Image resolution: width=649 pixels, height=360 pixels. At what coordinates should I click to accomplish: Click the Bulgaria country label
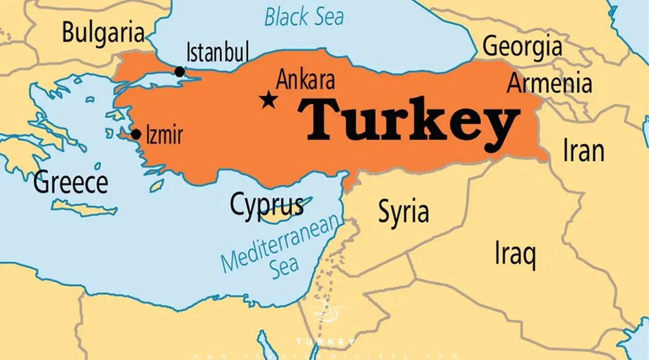pos(103,32)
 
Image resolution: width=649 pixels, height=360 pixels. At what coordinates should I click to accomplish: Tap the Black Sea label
pos(303,16)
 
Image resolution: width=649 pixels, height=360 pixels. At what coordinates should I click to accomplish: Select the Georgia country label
pos(522,46)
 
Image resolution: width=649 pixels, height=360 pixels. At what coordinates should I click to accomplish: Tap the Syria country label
pos(403,211)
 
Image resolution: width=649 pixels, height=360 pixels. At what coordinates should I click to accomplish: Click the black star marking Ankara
pos(267,100)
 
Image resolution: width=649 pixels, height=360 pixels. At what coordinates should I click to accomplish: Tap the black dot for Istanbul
pos(180,71)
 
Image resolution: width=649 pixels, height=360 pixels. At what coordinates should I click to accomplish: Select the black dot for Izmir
pos(136,134)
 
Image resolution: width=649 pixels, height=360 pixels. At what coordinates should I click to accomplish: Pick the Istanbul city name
pos(217,54)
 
